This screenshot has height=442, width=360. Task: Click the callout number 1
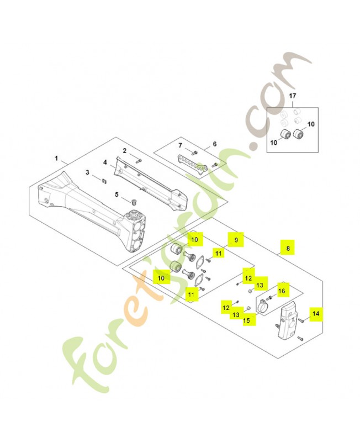click(x=57, y=157)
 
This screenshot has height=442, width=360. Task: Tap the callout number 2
click(x=125, y=150)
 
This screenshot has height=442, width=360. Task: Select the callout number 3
click(x=87, y=172)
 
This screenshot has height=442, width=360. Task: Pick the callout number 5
click(x=117, y=194)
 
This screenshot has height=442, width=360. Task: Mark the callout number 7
click(x=179, y=145)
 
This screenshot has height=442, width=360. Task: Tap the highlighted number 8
click(x=287, y=249)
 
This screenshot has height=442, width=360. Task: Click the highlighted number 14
click(x=316, y=314)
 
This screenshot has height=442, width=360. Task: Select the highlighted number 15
click(x=247, y=320)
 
